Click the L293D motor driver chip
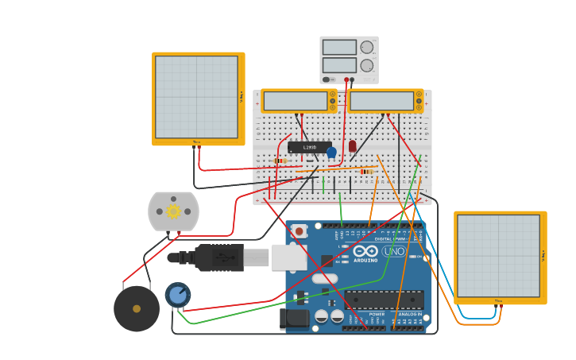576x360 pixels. [309, 147]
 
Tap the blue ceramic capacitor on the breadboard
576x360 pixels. [331, 152]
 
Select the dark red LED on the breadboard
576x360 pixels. [352, 146]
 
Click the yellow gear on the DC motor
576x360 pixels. [173, 211]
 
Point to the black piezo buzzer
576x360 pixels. [137, 308]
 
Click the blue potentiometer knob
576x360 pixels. [177, 295]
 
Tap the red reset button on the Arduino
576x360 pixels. [300, 231]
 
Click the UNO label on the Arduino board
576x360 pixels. [394, 251]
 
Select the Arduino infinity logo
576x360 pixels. [365, 250]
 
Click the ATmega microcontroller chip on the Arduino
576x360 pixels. [384, 300]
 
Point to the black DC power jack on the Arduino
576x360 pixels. [293, 319]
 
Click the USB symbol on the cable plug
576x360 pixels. [226, 257]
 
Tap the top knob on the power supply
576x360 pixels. [366, 47]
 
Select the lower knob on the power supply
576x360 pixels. [366, 65]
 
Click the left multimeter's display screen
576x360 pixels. [296, 101]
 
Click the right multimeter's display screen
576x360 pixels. [381, 101]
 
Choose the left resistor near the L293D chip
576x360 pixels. [279, 161]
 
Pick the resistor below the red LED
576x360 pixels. [365, 171]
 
